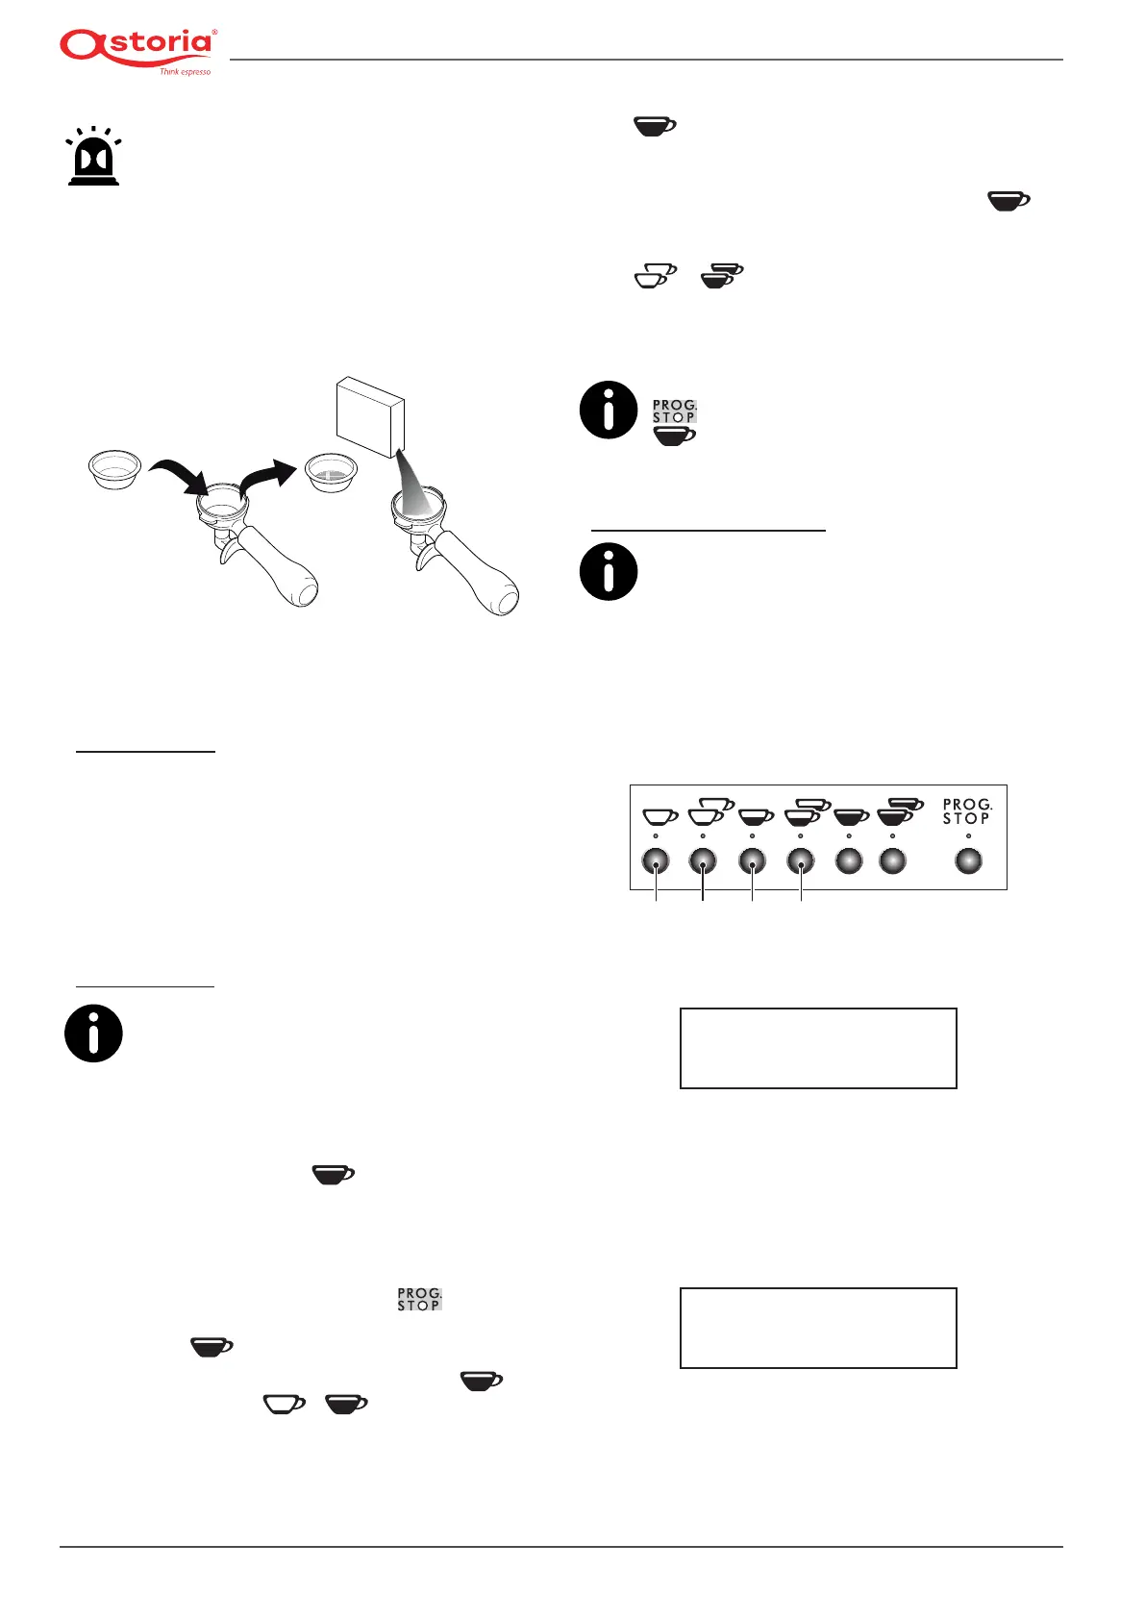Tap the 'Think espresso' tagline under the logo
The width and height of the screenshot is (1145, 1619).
pyautogui.click(x=185, y=72)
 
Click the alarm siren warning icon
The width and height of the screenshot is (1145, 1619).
pyautogui.click(x=93, y=157)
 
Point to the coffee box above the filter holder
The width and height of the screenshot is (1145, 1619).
pyautogui.click(x=370, y=416)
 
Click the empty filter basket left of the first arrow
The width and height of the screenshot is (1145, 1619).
pyautogui.click(x=114, y=468)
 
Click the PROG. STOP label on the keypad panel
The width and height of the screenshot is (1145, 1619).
pyautogui.click(x=966, y=811)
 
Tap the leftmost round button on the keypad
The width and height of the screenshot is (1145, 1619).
pyautogui.click(x=656, y=861)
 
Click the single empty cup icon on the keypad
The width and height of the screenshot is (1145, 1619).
pyautogui.click(x=660, y=816)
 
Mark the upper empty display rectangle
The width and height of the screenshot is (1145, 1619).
pyautogui.click(x=818, y=1048)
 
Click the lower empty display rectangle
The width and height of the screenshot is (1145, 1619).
pyautogui.click(x=818, y=1328)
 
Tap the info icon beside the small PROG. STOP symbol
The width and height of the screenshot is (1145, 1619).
pyautogui.click(x=609, y=410)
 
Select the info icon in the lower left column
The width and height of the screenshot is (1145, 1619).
pyautogui.click(x=93, y=1034)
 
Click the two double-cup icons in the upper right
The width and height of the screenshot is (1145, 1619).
pyautogui.click(x=689, y=276)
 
